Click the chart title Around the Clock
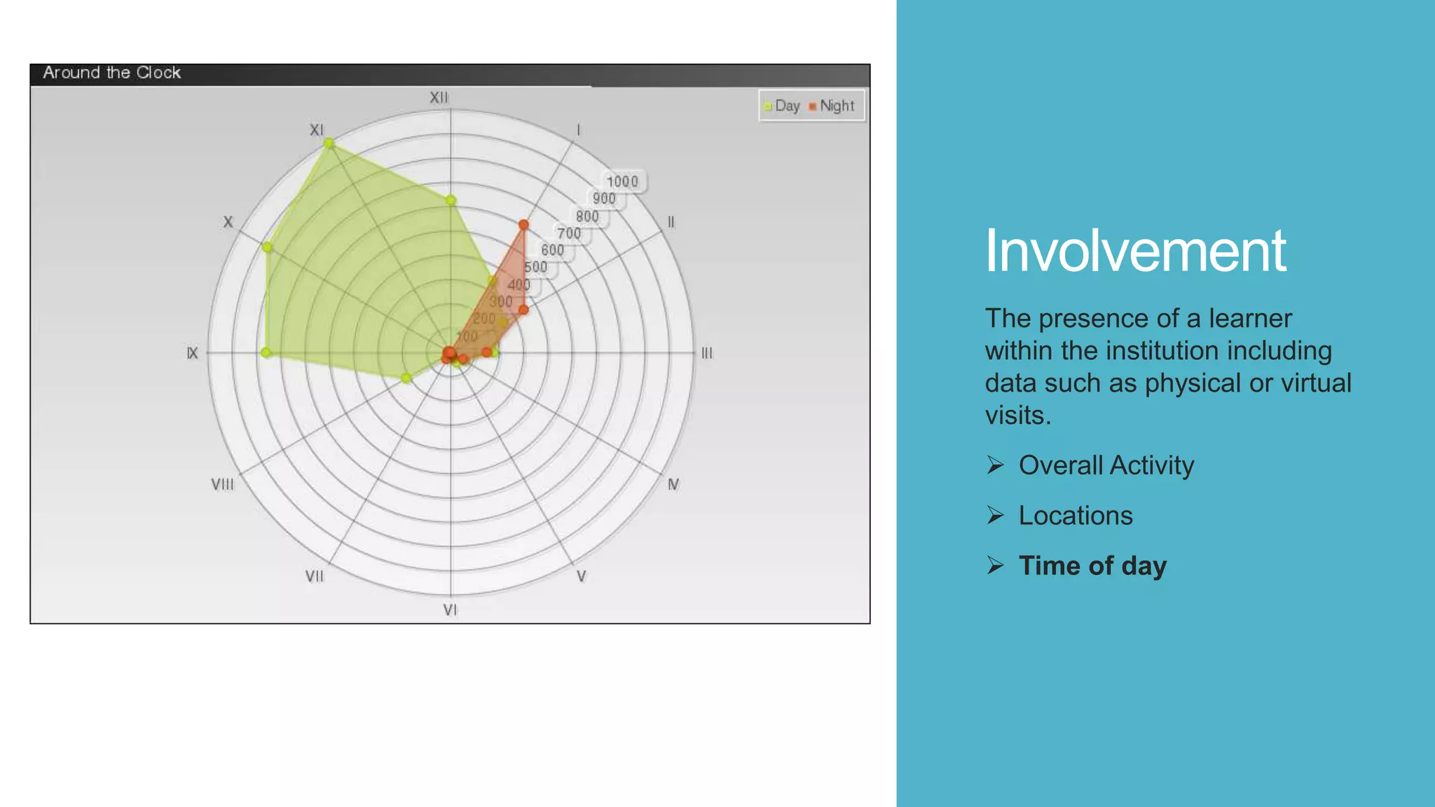tap(111, 73)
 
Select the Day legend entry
tap(782, 106)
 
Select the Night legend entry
tap(832, 106)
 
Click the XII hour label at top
tap(439, 98)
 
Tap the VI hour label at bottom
tap(450, 610)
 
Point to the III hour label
tap(707, 354)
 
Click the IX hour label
tap(193, 354)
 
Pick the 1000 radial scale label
tap(622, 182)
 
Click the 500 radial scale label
tap(536, 267)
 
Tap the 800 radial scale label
tap(587, 216)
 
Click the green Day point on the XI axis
tap(329, 144)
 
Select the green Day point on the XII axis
tap(451, 201)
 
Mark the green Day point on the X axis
tap(267, 247)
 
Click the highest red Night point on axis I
tap(523, 225)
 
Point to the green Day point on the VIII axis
tap(406, 378)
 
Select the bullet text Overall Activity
tap(1106, 466)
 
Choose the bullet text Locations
tap(1075, 516)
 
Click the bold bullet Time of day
tap(1092, 566)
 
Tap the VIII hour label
tap(223, 485)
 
